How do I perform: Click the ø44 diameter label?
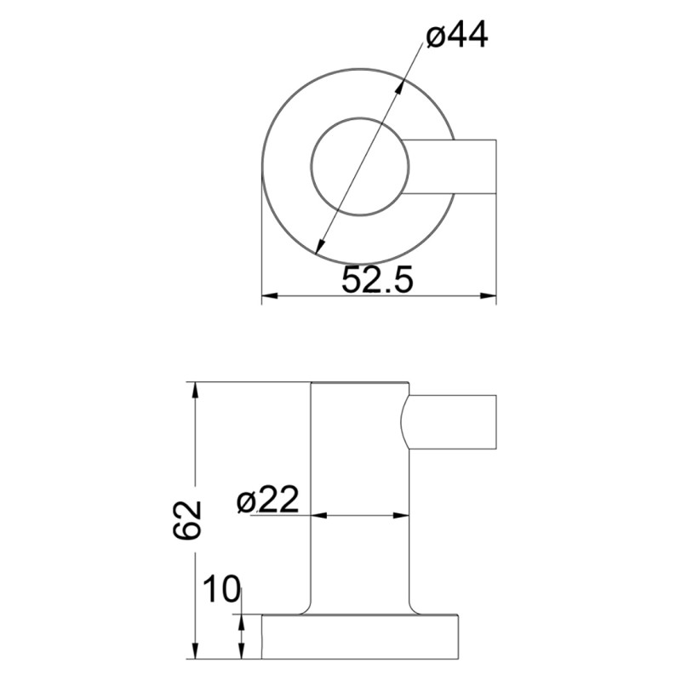pos(457,37)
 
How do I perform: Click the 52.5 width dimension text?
pos(377,279)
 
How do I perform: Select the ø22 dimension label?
pos(267,501)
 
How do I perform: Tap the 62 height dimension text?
pos(186,519)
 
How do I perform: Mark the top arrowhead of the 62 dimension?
pos(197,389)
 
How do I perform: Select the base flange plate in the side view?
pos(360,637)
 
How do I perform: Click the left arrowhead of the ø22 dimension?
pos(318,515)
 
